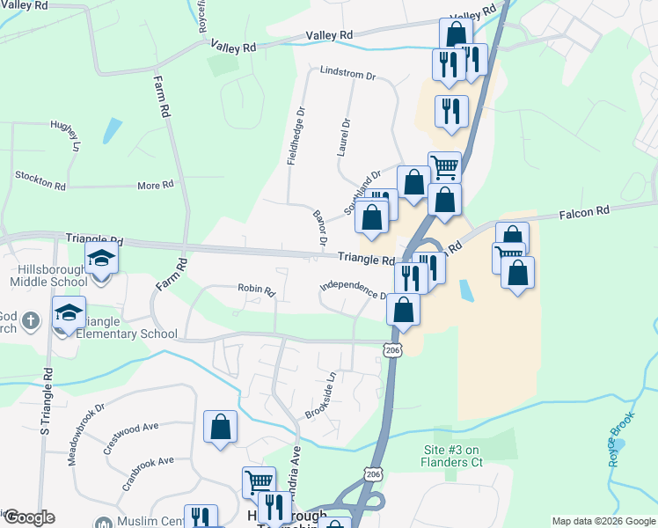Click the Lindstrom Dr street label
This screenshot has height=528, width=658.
coord(347,74)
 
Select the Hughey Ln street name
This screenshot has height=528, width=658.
coord(65,136)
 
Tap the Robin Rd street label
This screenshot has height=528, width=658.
coord(256,289)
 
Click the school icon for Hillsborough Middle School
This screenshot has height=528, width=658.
coord(101,259)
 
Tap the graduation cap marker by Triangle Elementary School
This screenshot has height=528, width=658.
coord(69,312)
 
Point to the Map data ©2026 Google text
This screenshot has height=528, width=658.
coord(603,521)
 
